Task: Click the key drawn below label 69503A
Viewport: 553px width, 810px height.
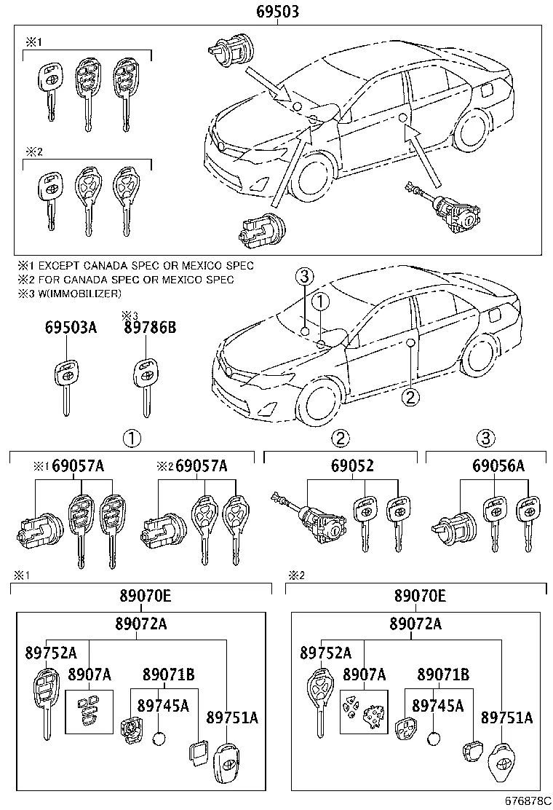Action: coord(66,385)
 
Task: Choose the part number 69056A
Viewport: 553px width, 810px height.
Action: coord(498,466)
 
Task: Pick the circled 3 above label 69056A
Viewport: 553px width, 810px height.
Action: coord(485,439)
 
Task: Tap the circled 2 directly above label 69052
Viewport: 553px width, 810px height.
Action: coord(341,439)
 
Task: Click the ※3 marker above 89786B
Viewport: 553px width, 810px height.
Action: coord(130,315)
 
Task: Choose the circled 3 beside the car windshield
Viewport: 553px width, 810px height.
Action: coord(304,276)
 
